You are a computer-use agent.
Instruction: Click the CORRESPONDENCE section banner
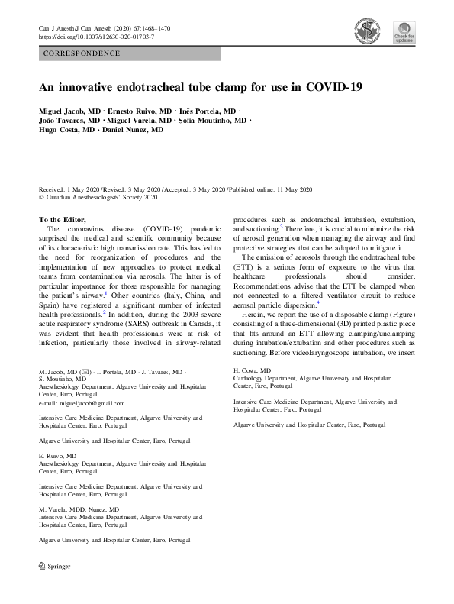pyautogui.click(x=82, y=53)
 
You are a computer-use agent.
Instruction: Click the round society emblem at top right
pyautogui.click(x=368, y=30)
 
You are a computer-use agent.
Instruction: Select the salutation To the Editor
pyautogui.click(x=68, y=220)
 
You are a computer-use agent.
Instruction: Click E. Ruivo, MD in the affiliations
pyautogui.click(x=57, y=456)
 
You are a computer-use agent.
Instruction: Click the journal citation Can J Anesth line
pyautogui.click(x=104, y=28)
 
